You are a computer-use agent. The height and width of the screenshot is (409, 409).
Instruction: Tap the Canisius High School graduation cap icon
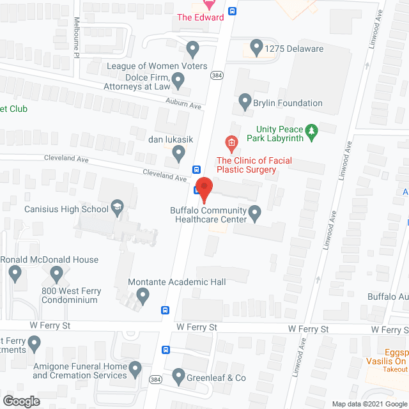(x=118, y=206)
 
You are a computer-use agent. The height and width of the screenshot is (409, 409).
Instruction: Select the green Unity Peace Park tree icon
(x=312, y=132)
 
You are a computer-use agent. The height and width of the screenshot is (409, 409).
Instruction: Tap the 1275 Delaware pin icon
(x=256, y=46)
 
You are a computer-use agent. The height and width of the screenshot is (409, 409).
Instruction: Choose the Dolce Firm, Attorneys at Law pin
(x=178, y=80)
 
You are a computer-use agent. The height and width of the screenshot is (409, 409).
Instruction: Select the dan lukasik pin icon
(x=179, y=152)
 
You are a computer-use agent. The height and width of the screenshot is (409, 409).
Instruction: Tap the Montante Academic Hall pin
(x=143, y=295)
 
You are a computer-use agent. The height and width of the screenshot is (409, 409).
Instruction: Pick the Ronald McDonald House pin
(x=16, y=274)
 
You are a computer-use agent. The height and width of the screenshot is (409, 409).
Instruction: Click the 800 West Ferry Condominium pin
(x=56, y=274)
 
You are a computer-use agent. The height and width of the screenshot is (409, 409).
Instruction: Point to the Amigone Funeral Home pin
(x=135, y=368)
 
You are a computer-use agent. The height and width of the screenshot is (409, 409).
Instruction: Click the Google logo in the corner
(x=20, y=401)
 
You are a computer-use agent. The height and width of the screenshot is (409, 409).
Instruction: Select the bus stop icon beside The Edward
(x=233, y=11)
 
